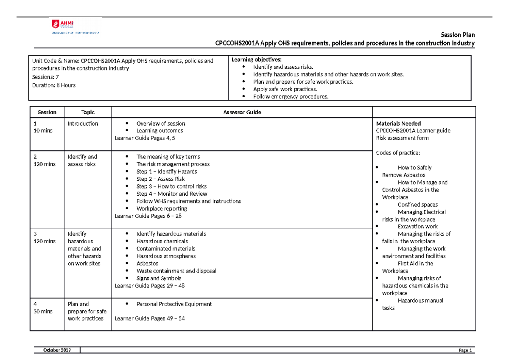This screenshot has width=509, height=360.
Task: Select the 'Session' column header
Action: (47, 112)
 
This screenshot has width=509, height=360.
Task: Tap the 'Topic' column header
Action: (88, 112)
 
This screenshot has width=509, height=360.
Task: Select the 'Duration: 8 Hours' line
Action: (54, 85)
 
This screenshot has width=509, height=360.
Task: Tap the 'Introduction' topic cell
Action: (83, 124)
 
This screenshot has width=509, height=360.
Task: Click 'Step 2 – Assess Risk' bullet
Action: (160, 179)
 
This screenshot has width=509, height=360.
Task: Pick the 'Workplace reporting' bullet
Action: (162, 208)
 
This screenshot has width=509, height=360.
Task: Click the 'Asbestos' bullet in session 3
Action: (147, 264)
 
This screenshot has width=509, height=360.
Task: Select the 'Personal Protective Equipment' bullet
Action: (174, 304)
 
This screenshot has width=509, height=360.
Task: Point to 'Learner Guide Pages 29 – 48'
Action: (150, 286)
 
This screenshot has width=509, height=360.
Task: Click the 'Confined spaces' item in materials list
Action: (417, 205)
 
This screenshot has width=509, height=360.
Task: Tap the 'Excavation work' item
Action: (417, 226)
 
